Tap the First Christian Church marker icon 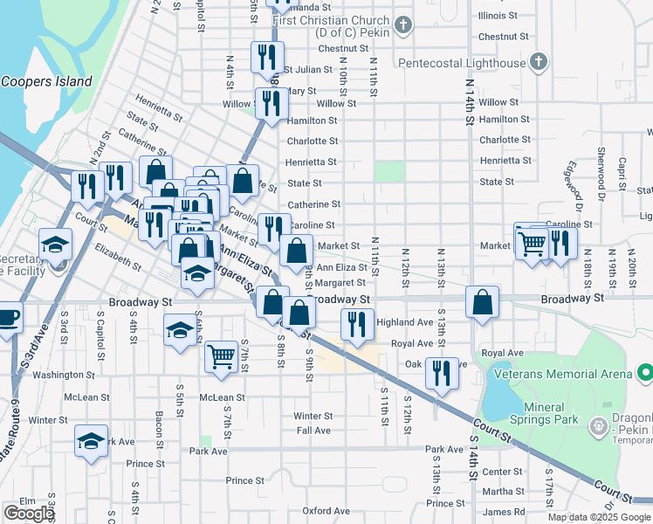coord(403,24)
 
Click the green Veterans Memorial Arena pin coord(644,374)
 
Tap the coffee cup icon coord(9,315)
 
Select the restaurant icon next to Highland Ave coord(356,321)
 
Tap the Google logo coord(28,514)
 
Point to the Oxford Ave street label coord(326,511)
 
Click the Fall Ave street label coord(313,431)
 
